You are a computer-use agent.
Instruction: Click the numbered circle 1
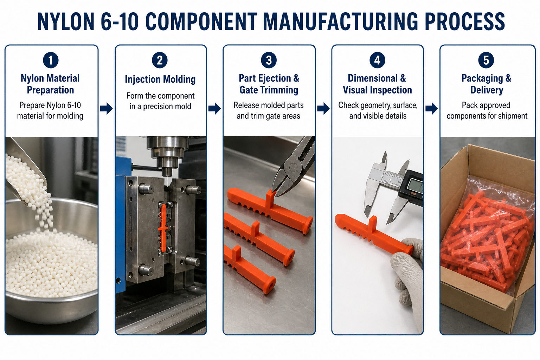pyautogui.click(x=51, y=60)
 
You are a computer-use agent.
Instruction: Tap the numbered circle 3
pyautogui.click(x=269, y=60)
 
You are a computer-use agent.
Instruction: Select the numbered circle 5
pyautogui.click(x=486, y=60)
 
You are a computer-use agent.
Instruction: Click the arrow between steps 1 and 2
pyautogui.click(x=106, y=108)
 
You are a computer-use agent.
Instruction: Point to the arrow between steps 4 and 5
pyautogui.click(x=431, y=108)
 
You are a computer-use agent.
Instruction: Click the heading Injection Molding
pyautogui.click(x=160, y=79)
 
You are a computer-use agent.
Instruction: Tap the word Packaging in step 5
pyautogui.click(x=482, y=79)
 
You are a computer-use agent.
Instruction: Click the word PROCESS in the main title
pyautogui.click(x=464, y=22)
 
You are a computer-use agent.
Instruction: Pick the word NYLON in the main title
pyautogui.click(x=66, y=22)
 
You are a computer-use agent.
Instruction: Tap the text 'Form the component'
pyautogui.click(x=160, y=96)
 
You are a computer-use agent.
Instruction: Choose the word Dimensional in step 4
pyautogui.click(x=373, y=78)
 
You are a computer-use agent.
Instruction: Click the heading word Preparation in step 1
pyautogui.click(x=50, y=90)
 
